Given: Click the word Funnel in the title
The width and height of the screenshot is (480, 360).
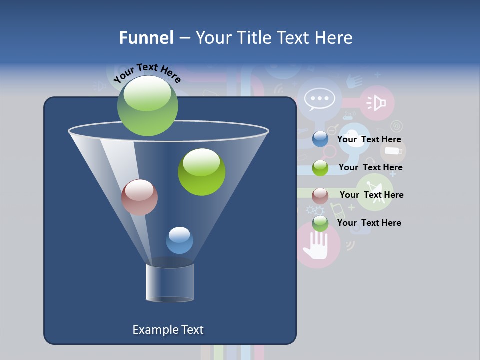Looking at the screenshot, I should (x=146, y=38).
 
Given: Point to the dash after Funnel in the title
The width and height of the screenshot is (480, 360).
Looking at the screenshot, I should (x=184, y=38).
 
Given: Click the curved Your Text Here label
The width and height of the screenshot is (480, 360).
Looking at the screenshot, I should (x=147, y=72).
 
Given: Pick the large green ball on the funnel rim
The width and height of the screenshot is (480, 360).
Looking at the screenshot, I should (x=147, y=105).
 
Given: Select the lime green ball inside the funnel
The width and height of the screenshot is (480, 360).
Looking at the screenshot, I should (x=201, y=172).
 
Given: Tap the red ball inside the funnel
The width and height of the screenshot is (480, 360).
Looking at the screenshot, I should (x=139, y=197).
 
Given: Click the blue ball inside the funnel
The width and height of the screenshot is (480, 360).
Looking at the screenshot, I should (x=179, y=240).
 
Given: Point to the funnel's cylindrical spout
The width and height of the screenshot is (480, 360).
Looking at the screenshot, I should (x=170, y=283).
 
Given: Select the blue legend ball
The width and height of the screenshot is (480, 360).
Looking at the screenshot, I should (x=320, y=139).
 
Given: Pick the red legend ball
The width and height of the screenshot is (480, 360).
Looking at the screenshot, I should (x=320, y=195).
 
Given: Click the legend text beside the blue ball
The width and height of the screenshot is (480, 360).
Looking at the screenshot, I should (x=369, y=140).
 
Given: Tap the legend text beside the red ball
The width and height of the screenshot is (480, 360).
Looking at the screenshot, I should (x=371, y=195).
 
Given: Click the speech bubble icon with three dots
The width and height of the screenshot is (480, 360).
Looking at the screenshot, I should (x=319, y=99).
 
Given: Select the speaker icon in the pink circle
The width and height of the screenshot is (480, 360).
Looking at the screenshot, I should (x=377, y=103).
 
